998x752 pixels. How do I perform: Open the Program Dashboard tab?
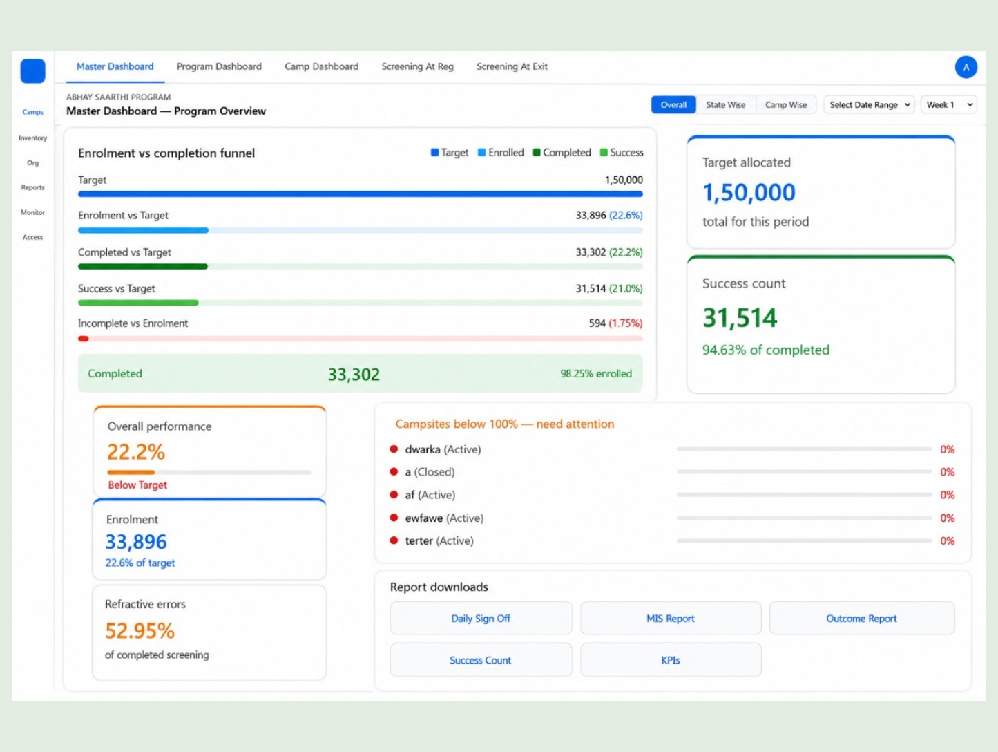coord(219,66)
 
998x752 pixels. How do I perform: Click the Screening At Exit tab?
coord(512,66)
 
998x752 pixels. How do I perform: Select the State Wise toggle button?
coord(725,104)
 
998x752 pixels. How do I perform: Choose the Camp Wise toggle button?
coord(786,104)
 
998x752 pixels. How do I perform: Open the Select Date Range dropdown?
coord(869,104)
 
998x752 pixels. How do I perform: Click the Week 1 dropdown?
coord(948,104)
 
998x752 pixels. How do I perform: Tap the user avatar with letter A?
coord(966,67)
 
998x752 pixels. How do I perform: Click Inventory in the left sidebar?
coord(32,138)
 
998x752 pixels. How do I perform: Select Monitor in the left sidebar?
coord(32,212)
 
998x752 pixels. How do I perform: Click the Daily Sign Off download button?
coord(481,618)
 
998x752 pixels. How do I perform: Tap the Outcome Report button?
coord(862,618)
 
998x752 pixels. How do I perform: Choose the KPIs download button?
coord(671,659)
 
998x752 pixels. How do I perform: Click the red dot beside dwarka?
coord(394,449)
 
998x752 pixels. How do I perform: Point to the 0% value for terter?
coord(947,541)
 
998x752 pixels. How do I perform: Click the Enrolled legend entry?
coord(501,152)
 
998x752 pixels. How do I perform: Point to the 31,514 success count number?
coord(740,317)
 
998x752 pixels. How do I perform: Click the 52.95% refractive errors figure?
coord(140,630)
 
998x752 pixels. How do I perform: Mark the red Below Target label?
coord(137,485)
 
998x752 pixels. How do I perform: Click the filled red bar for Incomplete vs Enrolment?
coord(83,339)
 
